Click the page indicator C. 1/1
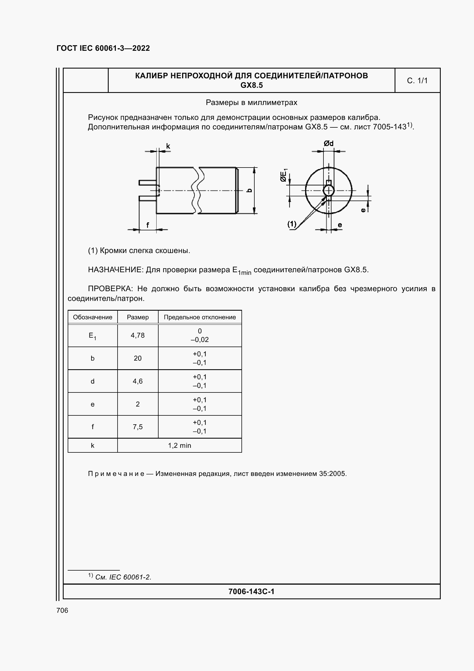417,81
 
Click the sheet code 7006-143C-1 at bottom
251,592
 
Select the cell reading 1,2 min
179,446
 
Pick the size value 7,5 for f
138,427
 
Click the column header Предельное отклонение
200,317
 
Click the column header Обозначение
93,317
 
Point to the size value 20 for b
138,358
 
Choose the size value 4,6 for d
138,381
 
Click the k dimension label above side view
168,146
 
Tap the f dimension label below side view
147,225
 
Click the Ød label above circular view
328,143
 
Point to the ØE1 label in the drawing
284,175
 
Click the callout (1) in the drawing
291,224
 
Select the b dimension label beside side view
249,190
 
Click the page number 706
62,610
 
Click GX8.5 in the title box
251,85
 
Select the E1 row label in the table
92,336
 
